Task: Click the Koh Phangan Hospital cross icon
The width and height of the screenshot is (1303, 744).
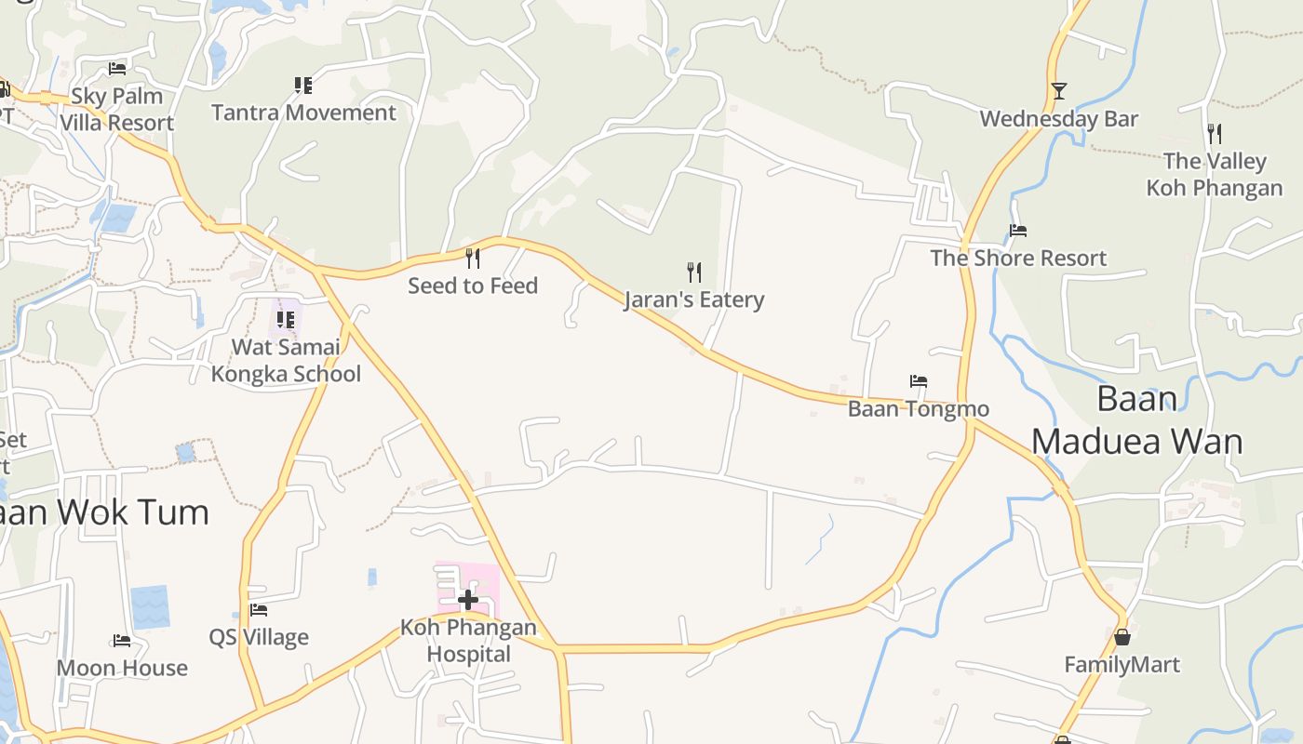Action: [468, 600]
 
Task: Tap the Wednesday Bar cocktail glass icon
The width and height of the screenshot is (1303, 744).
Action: [1058, 91]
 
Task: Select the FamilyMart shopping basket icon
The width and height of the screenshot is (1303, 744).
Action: [1122, 637]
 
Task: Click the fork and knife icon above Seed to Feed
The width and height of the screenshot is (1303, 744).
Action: [473, 258]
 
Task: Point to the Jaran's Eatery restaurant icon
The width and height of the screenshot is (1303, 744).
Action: [693, 272]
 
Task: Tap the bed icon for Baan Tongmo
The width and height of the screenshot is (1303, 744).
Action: [919, 381]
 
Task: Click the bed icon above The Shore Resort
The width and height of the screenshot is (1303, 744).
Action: [1018, 231]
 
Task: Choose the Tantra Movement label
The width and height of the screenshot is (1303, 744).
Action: [303, 113]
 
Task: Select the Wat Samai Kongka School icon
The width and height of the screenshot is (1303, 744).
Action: [286, 320]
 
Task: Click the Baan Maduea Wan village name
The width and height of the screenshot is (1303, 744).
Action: [1137, 419]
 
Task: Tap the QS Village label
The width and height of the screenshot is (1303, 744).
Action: [259, 638]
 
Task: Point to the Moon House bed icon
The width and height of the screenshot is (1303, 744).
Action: [122, 641]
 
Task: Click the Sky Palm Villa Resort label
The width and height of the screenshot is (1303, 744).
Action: [117, 109]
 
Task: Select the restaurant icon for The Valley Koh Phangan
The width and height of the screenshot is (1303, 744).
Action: [1214, 133]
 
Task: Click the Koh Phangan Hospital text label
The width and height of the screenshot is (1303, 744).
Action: [468, 641]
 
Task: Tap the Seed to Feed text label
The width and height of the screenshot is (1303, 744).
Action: [473, 286]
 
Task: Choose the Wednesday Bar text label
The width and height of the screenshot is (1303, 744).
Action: [1059, 119]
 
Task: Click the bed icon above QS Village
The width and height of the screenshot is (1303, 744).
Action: [259, 610]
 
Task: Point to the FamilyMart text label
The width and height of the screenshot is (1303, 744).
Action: [1122, 665]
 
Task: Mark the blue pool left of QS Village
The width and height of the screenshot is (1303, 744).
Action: [150, 606]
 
